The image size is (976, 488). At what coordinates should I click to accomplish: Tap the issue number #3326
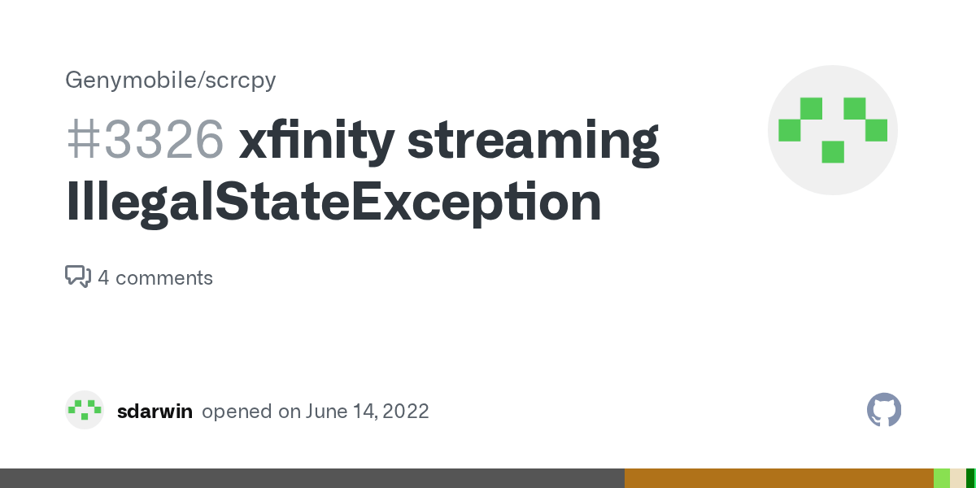145,139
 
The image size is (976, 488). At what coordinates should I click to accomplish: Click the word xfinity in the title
315,139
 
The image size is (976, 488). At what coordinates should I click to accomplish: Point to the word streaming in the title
533,141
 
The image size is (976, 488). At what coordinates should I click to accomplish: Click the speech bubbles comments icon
77,277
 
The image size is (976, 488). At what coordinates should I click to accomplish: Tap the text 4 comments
155,278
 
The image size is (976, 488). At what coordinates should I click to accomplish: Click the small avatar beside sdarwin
85,411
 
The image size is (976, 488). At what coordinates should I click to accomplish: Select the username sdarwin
155,412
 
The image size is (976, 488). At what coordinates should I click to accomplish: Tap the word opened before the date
237,412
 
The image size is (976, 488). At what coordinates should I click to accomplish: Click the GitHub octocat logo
884,411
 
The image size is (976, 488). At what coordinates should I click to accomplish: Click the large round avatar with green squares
832,130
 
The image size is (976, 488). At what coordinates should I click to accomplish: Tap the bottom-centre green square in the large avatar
832,152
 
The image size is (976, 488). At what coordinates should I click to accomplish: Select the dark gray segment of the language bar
312,478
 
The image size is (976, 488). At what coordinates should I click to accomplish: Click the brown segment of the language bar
778,478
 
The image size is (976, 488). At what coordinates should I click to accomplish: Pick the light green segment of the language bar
942,478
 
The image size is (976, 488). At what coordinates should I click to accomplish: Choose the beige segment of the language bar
958,478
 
